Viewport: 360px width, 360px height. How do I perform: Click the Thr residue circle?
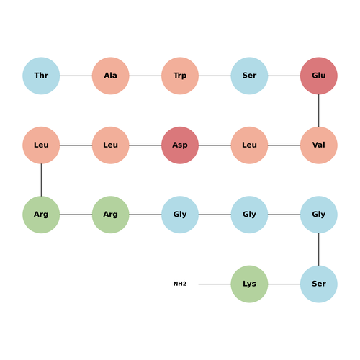point(41,76)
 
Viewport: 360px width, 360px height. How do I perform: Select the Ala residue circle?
point(110,76)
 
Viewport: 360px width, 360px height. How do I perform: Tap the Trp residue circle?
point(180,76)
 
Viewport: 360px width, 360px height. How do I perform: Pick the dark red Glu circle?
point(319,76)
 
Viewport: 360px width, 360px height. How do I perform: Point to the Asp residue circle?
point(180,145)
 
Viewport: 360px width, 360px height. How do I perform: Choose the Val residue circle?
point(319,145)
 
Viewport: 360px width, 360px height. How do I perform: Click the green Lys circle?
point(249,284)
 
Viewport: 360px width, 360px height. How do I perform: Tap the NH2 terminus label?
point(180,284)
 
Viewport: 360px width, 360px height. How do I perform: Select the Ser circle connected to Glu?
point(249,76)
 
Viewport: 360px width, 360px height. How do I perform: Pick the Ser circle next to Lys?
point(319,284)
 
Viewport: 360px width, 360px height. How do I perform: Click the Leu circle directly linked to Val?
point(249,145)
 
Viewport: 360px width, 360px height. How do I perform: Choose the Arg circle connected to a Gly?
point(110,215)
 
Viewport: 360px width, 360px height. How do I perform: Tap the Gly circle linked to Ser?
point(319,215)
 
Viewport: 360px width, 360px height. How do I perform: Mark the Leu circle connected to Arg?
point(41,145)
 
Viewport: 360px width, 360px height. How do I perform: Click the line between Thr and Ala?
point(76,76)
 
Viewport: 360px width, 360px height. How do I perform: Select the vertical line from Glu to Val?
point(319,111)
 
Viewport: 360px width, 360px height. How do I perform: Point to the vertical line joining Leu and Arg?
point(41,180)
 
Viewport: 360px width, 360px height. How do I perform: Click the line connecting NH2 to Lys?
point(215,284)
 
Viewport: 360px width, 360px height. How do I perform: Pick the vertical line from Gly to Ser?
point(319,249)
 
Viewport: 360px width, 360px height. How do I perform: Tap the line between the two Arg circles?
point(76,215)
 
